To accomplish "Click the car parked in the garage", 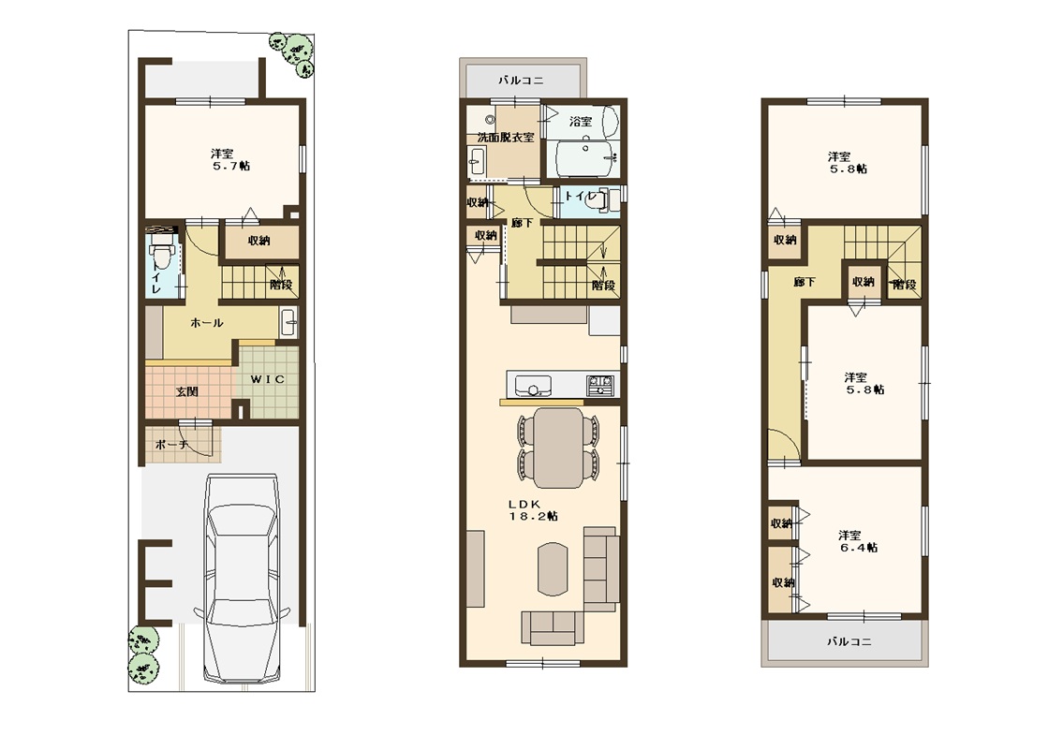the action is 242,578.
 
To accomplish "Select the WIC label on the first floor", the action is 267,379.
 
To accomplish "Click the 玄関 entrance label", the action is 187,391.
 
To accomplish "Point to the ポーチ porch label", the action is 171,445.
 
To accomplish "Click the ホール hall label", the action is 207,323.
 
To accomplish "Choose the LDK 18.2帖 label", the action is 533,510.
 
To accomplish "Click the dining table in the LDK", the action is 558,447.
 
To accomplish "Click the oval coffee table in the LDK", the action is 553,568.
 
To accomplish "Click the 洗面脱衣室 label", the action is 506,137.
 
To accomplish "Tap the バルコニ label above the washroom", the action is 521,81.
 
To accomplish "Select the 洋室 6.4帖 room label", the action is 858,541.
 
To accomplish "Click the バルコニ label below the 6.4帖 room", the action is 849,641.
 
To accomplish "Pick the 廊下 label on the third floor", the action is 804,282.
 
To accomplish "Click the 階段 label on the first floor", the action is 281,284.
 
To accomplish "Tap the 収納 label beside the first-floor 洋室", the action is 258,241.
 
